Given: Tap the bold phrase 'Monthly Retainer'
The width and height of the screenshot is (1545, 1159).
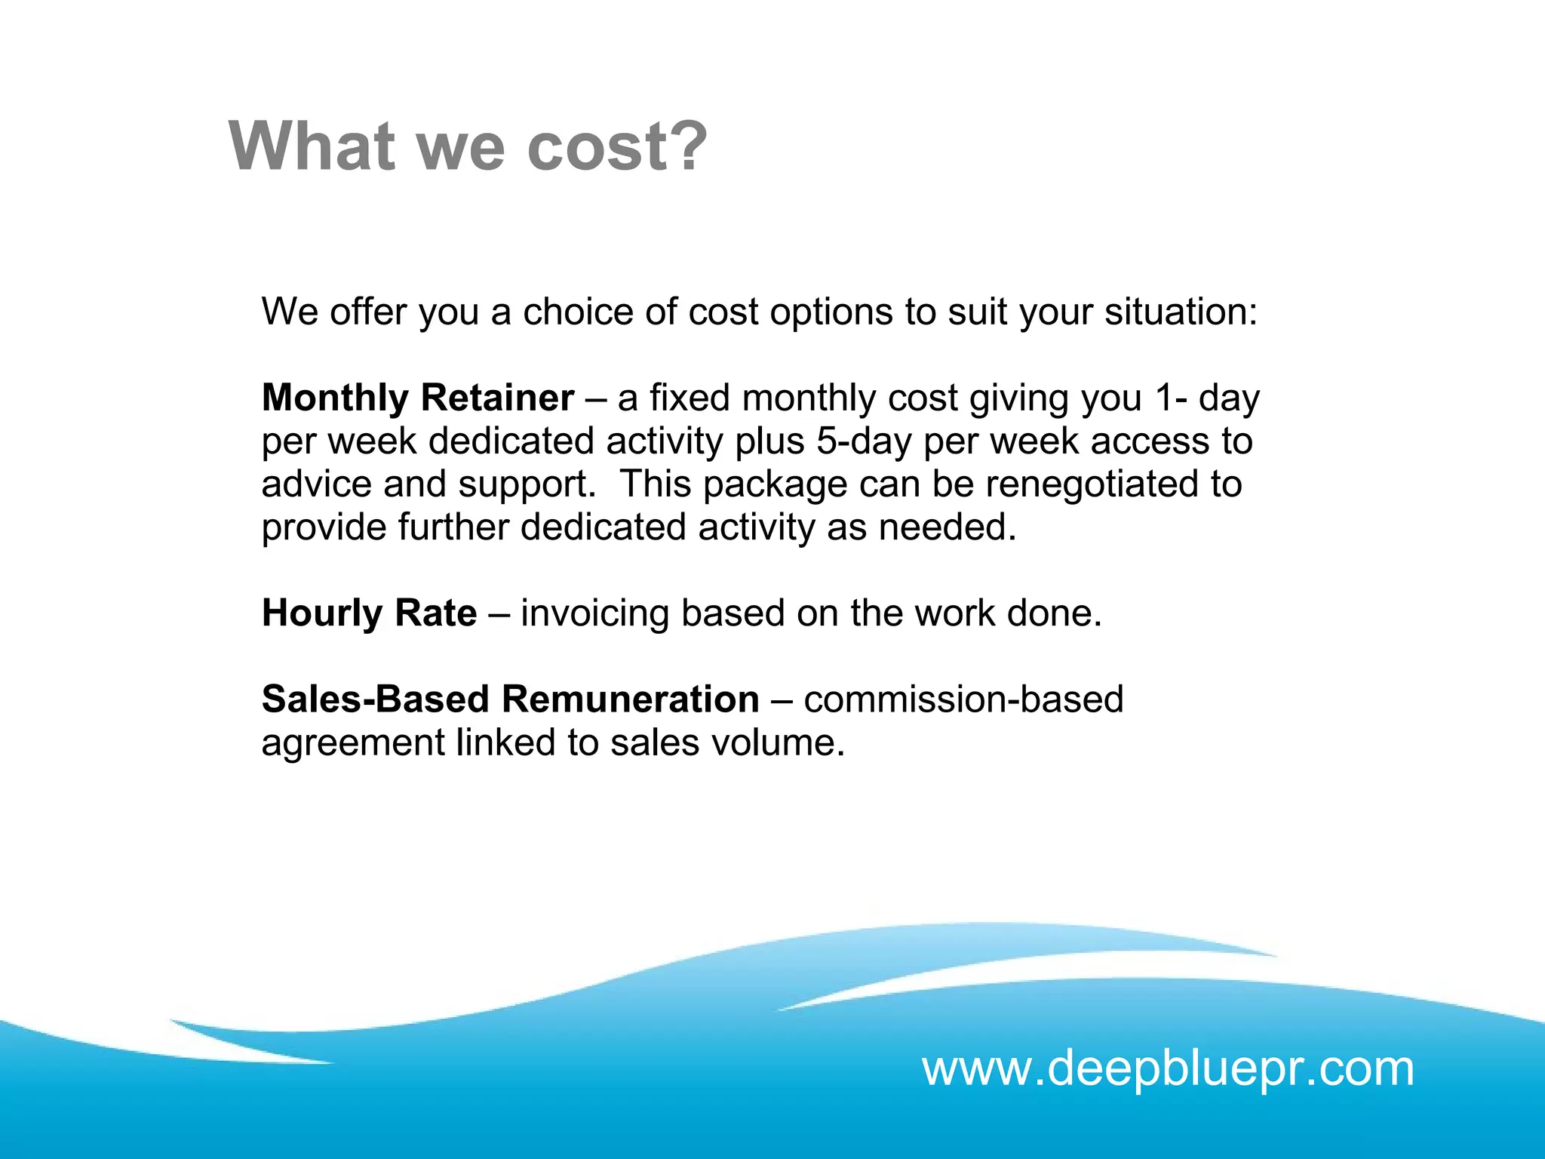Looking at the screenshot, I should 418,398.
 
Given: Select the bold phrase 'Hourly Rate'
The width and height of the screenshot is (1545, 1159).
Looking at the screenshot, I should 369,613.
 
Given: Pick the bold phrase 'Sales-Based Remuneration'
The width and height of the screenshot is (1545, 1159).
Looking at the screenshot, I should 510,699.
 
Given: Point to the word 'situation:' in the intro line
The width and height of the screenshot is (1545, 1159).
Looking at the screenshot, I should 1181,312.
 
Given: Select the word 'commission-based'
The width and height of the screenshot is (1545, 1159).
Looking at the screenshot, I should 963,699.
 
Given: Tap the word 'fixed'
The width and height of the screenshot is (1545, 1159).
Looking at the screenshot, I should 690,398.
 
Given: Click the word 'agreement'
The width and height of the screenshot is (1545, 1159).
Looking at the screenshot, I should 352,744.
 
